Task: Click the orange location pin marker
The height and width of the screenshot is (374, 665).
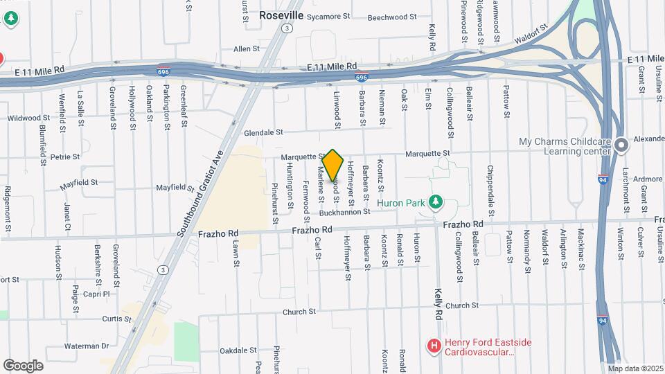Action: pyautogui.click(x=332, y=165)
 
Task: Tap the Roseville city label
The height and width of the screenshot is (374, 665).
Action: pyautogui.click(x=282, y=15)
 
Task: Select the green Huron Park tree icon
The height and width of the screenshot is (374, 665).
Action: pyautogui.click(x=435, y=202)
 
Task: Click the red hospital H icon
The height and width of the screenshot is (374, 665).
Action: pyautogui.click(x=434, y=345)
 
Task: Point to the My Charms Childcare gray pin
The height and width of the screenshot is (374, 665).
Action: pyautogui.click(x=622, y=145)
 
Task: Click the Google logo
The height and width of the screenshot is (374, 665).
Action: pyautogui.click(x=24, y=365)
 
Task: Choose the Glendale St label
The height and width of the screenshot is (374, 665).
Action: pyautogui.click(x=264, y=132)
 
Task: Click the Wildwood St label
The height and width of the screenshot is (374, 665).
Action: pyautogui.click(x=30, y=118)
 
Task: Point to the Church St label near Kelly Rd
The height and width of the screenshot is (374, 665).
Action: pyautogui.click(x=462, y=305)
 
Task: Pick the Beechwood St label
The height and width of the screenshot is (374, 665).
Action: pyautogui.click(x=392, y=17)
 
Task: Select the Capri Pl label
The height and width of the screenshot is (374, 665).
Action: pyautogui.click(x=96, y=294)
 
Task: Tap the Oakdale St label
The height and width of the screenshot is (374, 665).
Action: pyautogui.click(x=238, y=351)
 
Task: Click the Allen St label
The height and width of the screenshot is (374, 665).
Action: pyautogui.click(x=246, y=49)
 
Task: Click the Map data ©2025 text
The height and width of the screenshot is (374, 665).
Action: pyautogui.click(x=635, y=368)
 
